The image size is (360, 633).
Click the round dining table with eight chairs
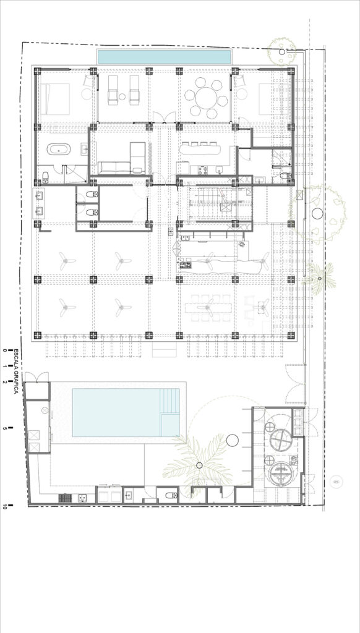coord(207,98)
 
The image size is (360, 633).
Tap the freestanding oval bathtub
coord(59,150)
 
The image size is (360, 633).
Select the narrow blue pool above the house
coord(165,57)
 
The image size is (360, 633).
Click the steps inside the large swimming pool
coord(169,412)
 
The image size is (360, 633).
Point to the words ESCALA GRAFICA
coord(16,372)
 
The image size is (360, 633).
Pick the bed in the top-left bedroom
coord(54,99)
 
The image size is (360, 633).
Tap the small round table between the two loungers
coord(122,96)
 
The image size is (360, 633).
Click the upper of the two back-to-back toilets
coord(92,195)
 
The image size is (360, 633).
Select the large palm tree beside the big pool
coord(198,464)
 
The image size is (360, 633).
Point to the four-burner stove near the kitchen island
coord(186,265)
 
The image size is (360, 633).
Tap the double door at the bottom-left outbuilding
coord(36,377)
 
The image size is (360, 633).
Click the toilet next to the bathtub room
coord(46,176)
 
